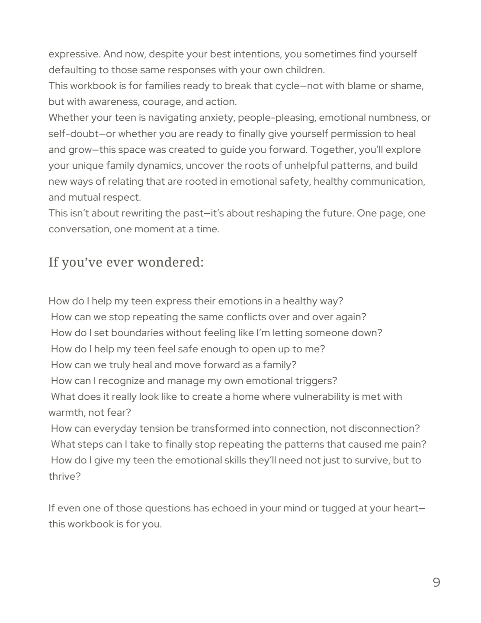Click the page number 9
tap(436, 582)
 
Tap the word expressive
tap(74, 54)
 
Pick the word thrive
tap(65, 476)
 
